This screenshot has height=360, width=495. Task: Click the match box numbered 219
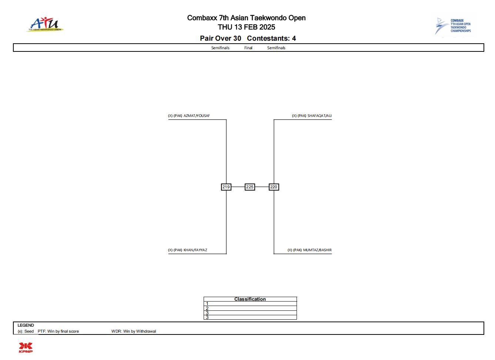click(226, 187)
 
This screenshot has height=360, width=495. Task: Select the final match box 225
click(250, 187)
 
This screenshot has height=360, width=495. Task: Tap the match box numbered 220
click(274, 187)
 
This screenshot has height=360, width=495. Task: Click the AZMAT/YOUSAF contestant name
click(197, 116)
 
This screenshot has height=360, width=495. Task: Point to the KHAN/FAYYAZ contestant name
click(195, 250)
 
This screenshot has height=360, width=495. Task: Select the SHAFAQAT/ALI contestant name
click(320, 116)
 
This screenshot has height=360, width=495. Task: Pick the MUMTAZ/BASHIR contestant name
click(317, 250)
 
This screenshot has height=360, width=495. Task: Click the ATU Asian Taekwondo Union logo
click(45, 24)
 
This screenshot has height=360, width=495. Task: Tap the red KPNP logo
click(26, 348)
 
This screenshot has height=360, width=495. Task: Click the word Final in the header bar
click(248, 48)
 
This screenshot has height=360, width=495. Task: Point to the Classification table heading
click(250, 299)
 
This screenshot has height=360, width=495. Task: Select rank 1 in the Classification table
click(207, 304)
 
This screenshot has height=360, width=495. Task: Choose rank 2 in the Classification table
click(207, 309)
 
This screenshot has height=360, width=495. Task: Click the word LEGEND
click(26, 325)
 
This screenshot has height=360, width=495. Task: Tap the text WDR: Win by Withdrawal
click(134, 331)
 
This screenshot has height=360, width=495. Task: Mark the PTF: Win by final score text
click(58, 331)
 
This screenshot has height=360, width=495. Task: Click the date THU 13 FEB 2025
click(247, 27)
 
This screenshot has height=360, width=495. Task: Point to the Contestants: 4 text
click(271, 38)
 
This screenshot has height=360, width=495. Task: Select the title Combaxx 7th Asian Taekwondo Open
click(247, 18)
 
